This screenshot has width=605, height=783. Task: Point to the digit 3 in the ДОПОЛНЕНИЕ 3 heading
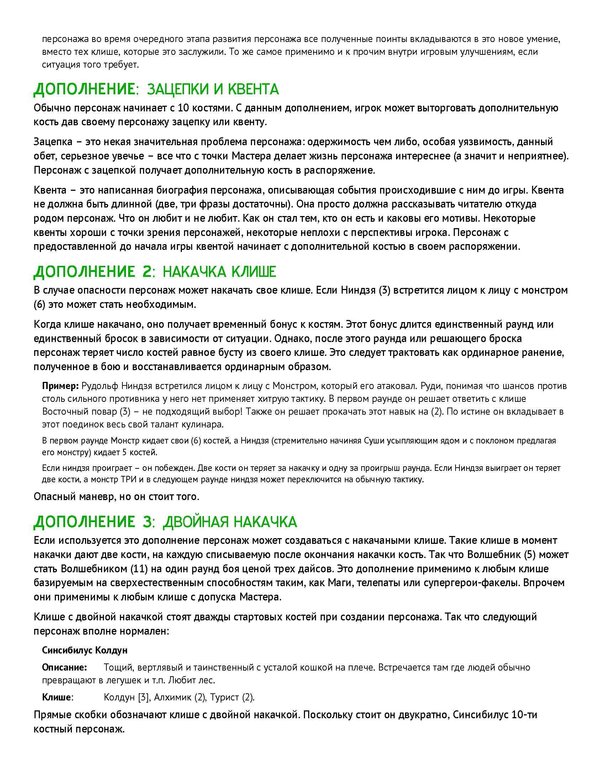(x=147, y=522)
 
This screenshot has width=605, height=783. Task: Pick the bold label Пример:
(x=60, y=386)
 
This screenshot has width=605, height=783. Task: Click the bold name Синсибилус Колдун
(x=85, y=650)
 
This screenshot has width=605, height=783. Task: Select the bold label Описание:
(x=64, y=667)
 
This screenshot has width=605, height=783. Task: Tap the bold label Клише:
(x=57, y=697)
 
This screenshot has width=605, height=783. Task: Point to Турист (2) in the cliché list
(x=232, y=697)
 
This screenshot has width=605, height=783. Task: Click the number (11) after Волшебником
(x=138, y=569)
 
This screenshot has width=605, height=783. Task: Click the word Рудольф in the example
(x=100, y=386)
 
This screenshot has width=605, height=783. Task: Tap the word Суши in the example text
(x=374, y=441)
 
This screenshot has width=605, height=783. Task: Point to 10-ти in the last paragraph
(x=524, y=715)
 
